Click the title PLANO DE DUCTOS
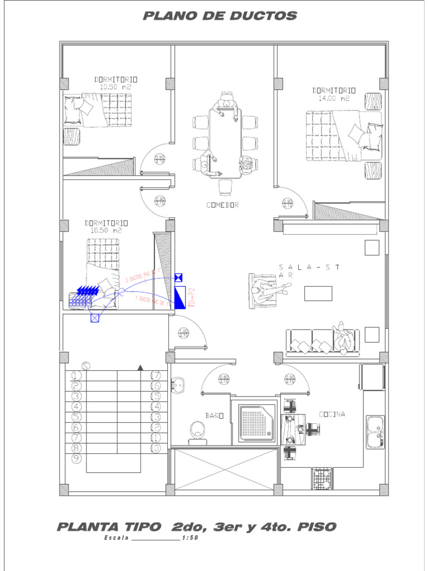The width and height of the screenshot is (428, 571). tap(220, 16)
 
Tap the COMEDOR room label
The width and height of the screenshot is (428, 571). tap(222, 205)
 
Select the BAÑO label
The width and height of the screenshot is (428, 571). tap(214, 415)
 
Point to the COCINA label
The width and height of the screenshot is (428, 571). tap(332, 414)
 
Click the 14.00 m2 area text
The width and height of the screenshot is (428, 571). tap(334, 98)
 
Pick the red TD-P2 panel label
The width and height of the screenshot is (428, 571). tap(192, 298)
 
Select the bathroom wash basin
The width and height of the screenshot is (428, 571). tap(178, 385)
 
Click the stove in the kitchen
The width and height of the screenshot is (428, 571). tap(322, 478)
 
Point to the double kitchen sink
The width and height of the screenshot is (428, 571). tap(374, 432)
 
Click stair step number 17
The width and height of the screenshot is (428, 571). tap(155, 376)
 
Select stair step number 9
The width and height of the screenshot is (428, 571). tap(77, 458)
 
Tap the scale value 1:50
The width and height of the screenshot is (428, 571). tap(190, 538)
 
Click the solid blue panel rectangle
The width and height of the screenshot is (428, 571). tap(180, 298)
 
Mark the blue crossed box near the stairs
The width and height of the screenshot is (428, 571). tap(95, 318)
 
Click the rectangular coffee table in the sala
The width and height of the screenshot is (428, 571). tap(318, 293)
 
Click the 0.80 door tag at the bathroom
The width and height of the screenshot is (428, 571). tap(223, 379)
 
